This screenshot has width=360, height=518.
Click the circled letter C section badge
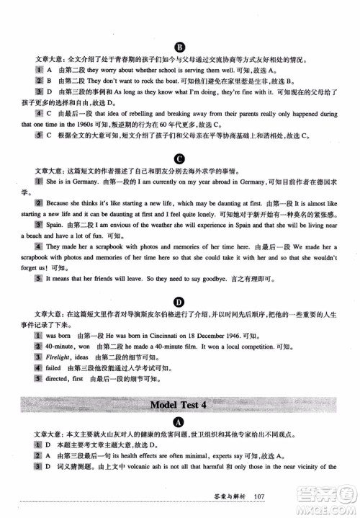(x=179, y=156)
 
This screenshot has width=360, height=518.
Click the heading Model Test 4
(x=179, y=403)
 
